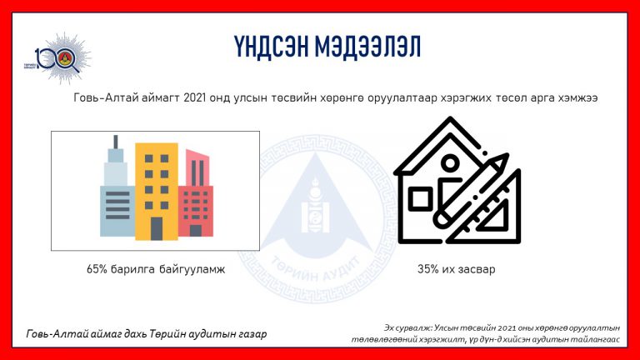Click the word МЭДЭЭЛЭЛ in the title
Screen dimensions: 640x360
(x=367, y=46)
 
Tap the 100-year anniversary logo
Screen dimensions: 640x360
(x=58, y=58)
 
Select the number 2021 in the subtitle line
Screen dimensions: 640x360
(x=194, y=98)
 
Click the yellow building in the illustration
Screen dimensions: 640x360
(x=157, y=192)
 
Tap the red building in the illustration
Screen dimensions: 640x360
(x=196, y=193)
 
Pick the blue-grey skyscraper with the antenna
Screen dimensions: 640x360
(x=117, y=192)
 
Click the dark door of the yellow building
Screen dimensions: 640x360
(x=157, y=228)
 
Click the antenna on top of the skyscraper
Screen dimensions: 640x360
(x=116, y=142)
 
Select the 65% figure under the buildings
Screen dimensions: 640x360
(x=97, y=269)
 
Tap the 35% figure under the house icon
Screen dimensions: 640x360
(x=427, y=269)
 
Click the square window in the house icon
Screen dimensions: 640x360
(x=420, y=200)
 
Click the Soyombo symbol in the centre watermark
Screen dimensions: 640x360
(x=315, y=205)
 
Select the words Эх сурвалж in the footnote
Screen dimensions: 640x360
(x=407, y=327)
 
